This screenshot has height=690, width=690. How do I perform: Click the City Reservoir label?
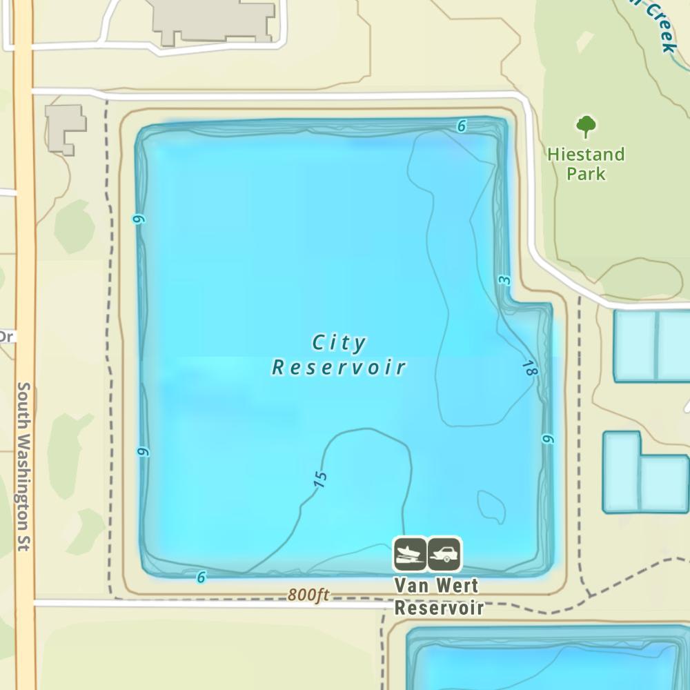click(339, 355)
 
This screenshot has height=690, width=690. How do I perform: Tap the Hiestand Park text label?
click(586, 164)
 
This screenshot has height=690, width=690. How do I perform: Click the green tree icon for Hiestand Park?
click(586, 126)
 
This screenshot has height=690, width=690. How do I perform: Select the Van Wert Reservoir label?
click(438, 596)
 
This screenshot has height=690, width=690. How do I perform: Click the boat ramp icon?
click(410, 554)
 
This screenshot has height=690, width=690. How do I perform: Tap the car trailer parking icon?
click(444, 554)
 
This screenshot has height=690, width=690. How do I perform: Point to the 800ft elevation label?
click(308, 595)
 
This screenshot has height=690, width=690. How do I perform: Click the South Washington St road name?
click(23, 466)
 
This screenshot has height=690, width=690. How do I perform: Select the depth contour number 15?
click(319, 480)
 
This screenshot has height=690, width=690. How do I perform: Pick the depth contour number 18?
click(529, 368)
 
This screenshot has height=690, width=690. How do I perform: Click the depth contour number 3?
click(504, 280)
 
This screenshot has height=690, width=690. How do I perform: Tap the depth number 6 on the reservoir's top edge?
click(462, 126)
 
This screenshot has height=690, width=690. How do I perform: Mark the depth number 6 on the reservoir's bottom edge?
click(201, 577)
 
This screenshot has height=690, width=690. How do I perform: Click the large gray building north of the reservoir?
click(214, 21)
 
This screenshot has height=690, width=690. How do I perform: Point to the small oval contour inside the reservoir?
click(491, 506)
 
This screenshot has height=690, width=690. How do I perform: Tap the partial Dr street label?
click(6, 337)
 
